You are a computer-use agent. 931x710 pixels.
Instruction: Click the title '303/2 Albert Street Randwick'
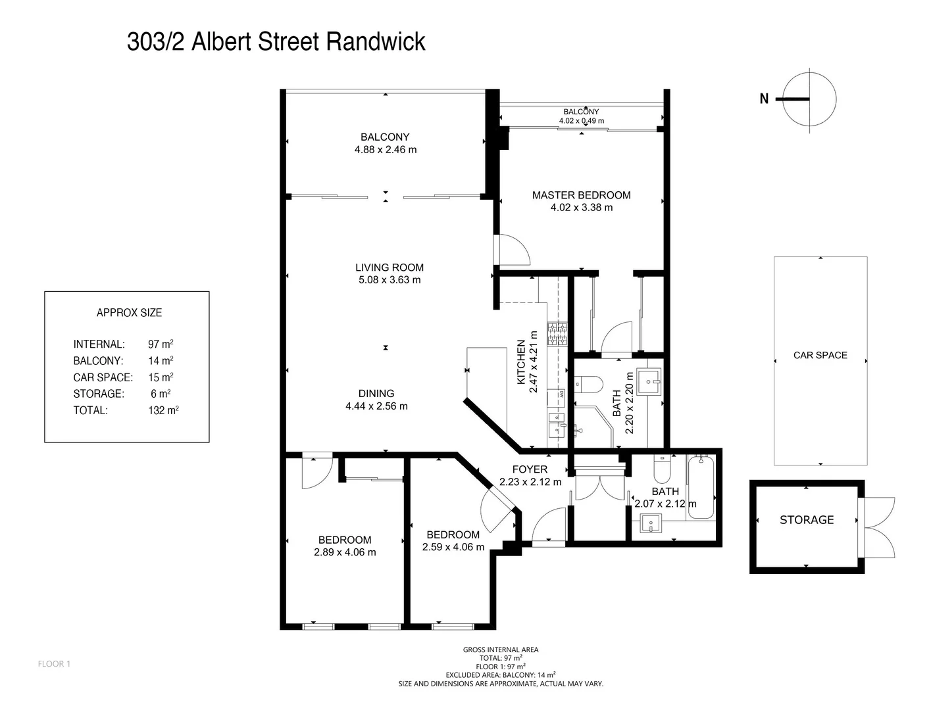tap(276, 41)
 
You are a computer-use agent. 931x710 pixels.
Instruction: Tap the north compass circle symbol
tap(810, 100)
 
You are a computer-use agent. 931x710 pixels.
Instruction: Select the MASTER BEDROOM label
tap(581, 195)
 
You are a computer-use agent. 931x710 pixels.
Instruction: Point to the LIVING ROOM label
tap(390, 268)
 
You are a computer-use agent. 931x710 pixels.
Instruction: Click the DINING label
tap(376, 394)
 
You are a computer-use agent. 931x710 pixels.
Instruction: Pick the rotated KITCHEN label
tap(521, 362)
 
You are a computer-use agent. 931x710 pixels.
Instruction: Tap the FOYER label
tap(530, 469)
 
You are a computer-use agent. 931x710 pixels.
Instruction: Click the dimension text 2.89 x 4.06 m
tap(345, 552)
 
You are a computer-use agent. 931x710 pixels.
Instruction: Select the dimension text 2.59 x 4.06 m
tap(453, 547)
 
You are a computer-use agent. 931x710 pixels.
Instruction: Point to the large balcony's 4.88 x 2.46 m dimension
tap(385, 150)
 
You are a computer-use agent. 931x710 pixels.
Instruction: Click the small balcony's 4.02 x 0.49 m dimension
tap(581, 121)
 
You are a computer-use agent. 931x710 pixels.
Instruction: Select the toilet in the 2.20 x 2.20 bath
tap(587, 384)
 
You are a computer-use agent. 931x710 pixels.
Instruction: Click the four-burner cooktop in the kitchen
tap(557, 334)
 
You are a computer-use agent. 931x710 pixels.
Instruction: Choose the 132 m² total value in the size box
tap(163, 410)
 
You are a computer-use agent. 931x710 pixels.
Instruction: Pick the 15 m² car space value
tap(161, 377)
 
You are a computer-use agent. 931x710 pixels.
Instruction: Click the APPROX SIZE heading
tap(129, 313)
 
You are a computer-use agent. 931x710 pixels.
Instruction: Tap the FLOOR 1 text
tap(54, 664)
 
